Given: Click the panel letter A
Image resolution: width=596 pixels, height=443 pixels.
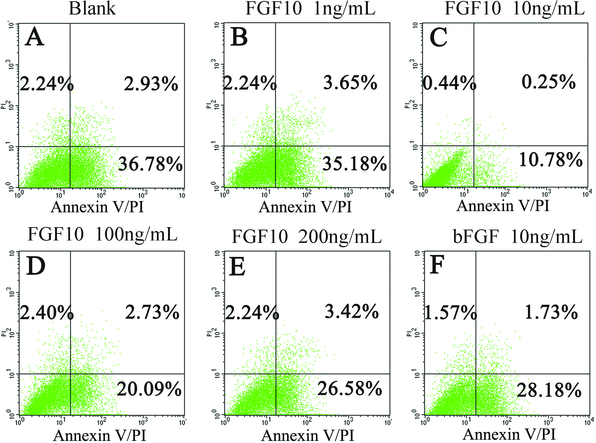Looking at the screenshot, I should click(x=34, y=37).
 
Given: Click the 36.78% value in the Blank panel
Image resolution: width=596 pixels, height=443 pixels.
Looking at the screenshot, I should click(x=150, y=164).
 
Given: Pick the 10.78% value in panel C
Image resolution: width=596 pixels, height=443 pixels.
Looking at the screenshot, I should click(x=551, y=160).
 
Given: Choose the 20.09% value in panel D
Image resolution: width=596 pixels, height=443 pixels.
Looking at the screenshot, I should click(x=149, y=389).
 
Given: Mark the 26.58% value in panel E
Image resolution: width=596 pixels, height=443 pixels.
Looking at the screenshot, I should click(x=350, y=389).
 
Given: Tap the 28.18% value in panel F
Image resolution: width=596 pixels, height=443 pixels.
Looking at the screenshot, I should click(x=549, y=390).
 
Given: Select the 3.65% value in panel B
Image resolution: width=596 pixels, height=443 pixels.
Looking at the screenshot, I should click(x=350, y=83).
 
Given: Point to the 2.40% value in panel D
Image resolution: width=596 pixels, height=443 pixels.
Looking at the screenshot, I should click(x=47, y=313).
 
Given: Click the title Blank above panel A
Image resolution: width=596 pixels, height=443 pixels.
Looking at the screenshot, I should click(x=92, y=9).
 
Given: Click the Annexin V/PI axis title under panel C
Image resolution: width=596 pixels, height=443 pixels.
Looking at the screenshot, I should click(x=503, y=206).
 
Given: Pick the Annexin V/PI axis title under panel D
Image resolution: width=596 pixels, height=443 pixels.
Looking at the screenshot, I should click(x=100, y=435).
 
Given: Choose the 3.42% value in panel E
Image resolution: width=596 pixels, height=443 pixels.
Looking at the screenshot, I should click(x=351, y=312).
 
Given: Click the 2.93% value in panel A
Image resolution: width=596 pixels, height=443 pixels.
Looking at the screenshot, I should click(x=151, y=84).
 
